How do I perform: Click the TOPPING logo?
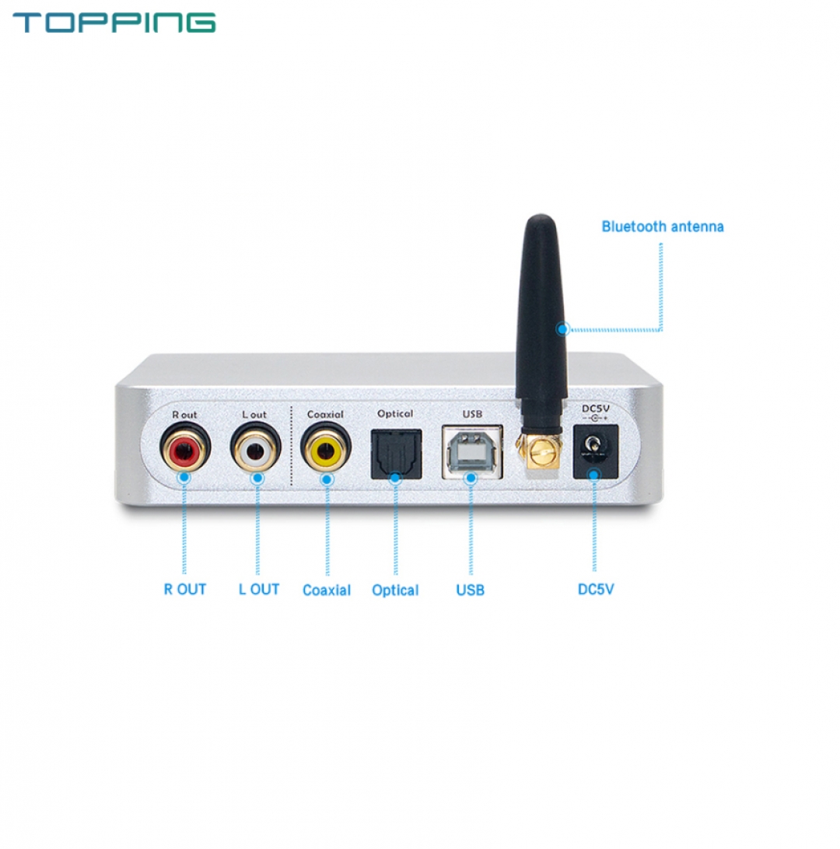(x=114, y=22)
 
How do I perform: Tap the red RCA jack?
(x=184, y=448)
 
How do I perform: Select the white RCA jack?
(x=254, y=449)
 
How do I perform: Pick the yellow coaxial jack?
(x=326, y=449)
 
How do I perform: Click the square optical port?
(x=395, y=453)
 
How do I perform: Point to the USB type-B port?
(x=469, y=451)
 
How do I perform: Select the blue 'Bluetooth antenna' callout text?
(x=663, y=226)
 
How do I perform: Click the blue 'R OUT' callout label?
(x=185, y=589)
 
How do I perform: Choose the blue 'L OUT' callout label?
(x=258, y=589)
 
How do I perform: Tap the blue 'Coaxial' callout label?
(x=327, y=590)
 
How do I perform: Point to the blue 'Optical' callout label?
(x=395, y=590)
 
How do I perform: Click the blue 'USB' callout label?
(x=470, y=590)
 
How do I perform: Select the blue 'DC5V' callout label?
(x=596, y=589)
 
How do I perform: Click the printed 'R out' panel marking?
(x=184, y=415)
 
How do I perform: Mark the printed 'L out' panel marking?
(x=254, y=415)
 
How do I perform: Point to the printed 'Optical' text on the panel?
(x=395, y=414)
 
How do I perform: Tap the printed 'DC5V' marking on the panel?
(x=595, y=409)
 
